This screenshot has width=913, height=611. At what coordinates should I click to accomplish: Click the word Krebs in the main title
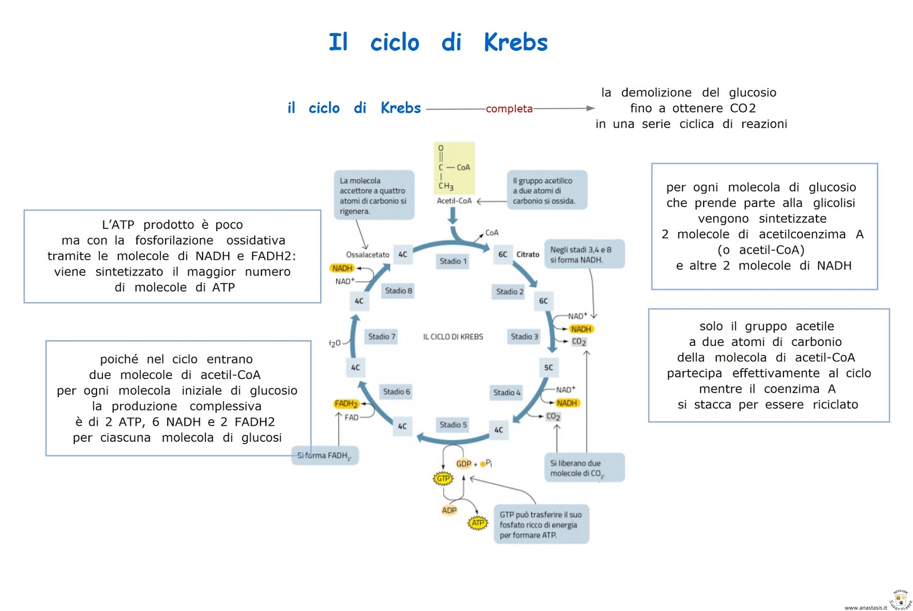515,42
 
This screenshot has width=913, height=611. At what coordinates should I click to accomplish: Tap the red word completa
509,109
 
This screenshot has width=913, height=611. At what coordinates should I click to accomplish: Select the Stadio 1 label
453,261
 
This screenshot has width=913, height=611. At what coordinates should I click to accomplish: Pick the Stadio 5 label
453,425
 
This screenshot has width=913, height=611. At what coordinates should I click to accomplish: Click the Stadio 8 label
398,291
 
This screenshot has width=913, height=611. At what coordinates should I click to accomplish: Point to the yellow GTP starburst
443,478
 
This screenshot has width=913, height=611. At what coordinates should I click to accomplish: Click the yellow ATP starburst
478,523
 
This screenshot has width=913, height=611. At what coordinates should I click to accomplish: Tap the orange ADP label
449,510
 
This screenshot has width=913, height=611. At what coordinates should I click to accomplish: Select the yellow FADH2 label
346,404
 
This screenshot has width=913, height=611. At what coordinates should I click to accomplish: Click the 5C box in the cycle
548,368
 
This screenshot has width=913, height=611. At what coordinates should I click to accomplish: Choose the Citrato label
528,255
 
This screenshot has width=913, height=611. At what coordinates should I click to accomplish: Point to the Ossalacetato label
367,255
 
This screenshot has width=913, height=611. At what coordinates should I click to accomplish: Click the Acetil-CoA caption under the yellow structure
454,201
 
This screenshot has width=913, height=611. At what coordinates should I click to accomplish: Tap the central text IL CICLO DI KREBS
453,337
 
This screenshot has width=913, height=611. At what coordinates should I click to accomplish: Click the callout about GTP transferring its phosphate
540,524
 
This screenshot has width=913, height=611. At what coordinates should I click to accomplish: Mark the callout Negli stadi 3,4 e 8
584,254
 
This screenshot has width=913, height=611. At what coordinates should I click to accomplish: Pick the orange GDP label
463,464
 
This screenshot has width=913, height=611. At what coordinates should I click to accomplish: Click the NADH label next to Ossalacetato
342,268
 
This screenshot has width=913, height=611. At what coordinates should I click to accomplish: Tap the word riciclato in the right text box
835,405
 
